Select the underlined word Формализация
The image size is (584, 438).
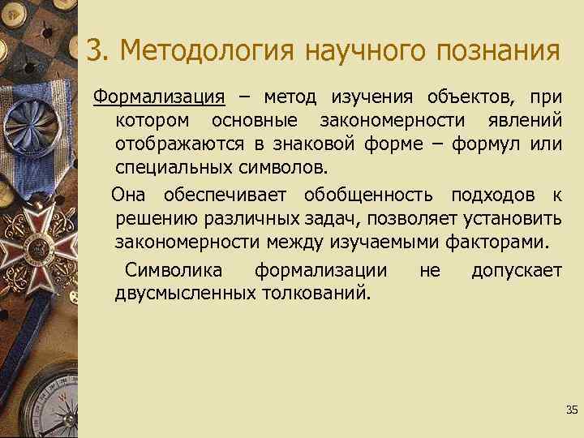click(x=158, y=99)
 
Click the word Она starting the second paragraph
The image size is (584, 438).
click(x=129, y=195)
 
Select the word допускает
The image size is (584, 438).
click(x=516, y=269)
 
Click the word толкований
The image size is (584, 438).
click(x=315, y=292)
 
